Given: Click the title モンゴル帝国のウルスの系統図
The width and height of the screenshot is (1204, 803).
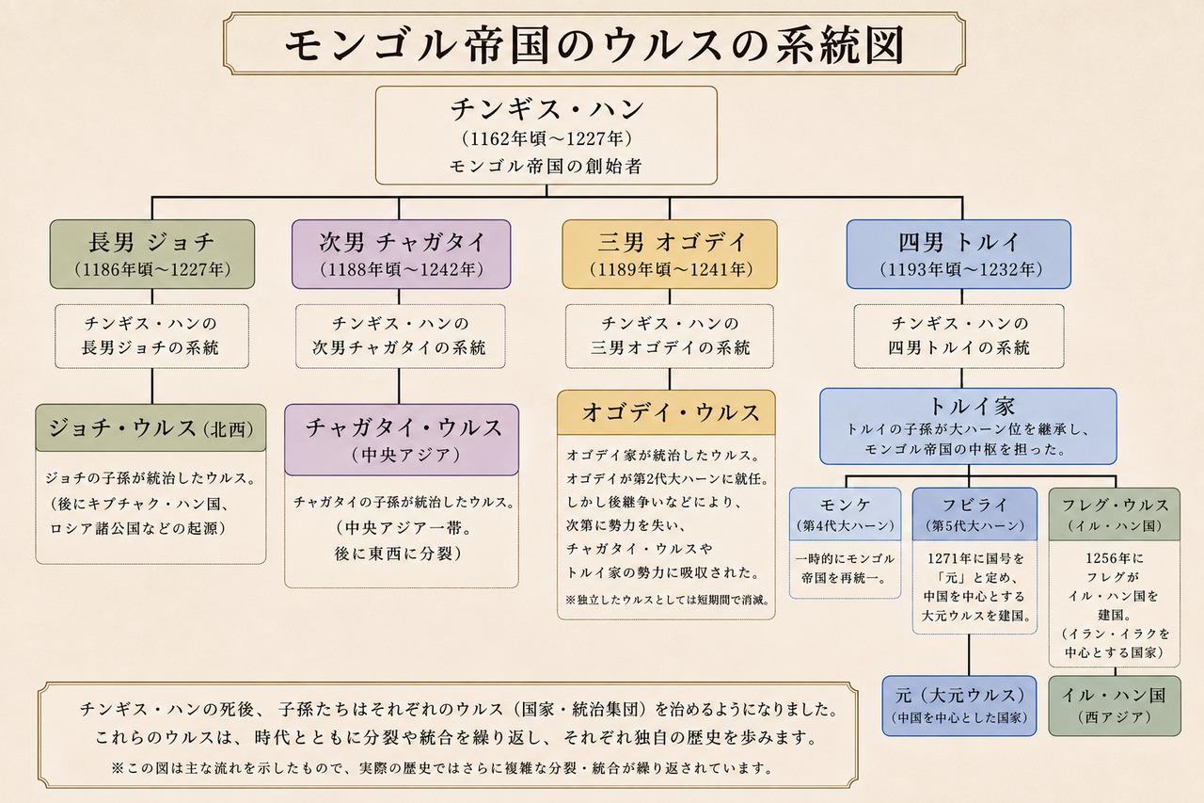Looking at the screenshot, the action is pos(594,45).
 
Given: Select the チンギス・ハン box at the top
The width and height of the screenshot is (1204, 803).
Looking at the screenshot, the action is pos(547,136).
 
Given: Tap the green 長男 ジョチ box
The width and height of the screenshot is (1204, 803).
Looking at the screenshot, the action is pos(152,254).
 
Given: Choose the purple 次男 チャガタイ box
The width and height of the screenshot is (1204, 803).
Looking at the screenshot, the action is pos(401,254).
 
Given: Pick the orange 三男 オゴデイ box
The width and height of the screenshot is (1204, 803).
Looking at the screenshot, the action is pos(670,254).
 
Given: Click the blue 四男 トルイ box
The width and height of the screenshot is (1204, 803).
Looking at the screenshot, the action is pos(958,254).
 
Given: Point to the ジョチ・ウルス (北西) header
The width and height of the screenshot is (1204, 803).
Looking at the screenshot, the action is pos(150,428).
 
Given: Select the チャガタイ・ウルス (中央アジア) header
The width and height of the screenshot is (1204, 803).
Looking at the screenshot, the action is pos(402,440).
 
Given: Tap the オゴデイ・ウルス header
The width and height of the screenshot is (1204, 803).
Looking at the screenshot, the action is pos(667,412).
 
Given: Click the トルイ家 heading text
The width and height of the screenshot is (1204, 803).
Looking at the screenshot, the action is pos(972,406).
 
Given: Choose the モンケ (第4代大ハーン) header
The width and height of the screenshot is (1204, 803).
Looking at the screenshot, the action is pos(845,514).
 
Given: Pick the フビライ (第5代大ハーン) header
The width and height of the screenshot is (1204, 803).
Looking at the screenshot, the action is pos(974,514).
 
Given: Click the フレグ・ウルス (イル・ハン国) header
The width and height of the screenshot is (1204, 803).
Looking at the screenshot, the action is pos(1115,514).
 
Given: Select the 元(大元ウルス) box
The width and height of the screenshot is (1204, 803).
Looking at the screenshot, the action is pos(959,706).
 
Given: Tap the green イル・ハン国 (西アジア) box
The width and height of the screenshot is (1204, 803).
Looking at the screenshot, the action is pos(1115,706).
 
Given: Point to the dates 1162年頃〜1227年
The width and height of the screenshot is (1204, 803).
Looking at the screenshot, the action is pos(547,139).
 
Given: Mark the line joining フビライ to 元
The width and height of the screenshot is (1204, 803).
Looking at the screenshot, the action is pos(969,654).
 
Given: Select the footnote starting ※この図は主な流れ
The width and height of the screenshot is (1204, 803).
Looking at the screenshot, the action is pos(442,768).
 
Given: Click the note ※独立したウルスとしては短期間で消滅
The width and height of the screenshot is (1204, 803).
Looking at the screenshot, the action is pos(668,599).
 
